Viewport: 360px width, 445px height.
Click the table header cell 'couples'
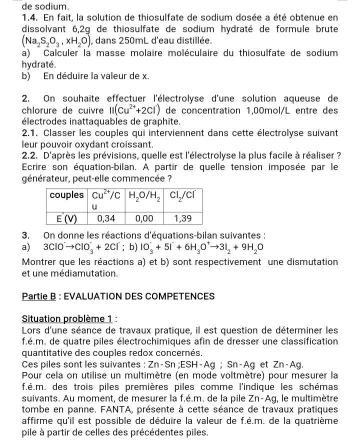tap(67, 194)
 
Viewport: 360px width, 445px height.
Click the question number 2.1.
tap(30, 133)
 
